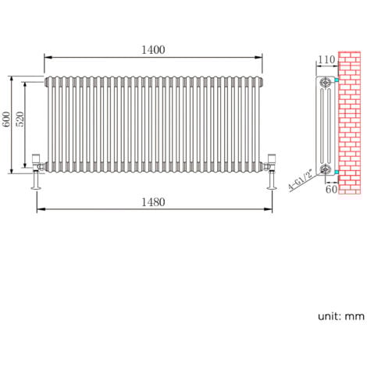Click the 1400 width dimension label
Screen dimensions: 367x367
click(x=153, y=49)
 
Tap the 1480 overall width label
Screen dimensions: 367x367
click(x=154, y=201)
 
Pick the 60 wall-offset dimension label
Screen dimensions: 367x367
click(x=331, y=188)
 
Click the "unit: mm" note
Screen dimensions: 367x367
click(x=340, y=316)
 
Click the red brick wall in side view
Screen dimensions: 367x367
click(x=349, y=125)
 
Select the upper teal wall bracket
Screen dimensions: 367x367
click(x=336, y=80)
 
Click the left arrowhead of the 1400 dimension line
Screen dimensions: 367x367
click(x=46, y=57)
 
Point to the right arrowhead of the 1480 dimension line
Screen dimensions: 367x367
click(x=270, y=209)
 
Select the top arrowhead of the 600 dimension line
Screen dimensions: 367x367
click(x=11, y=79)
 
